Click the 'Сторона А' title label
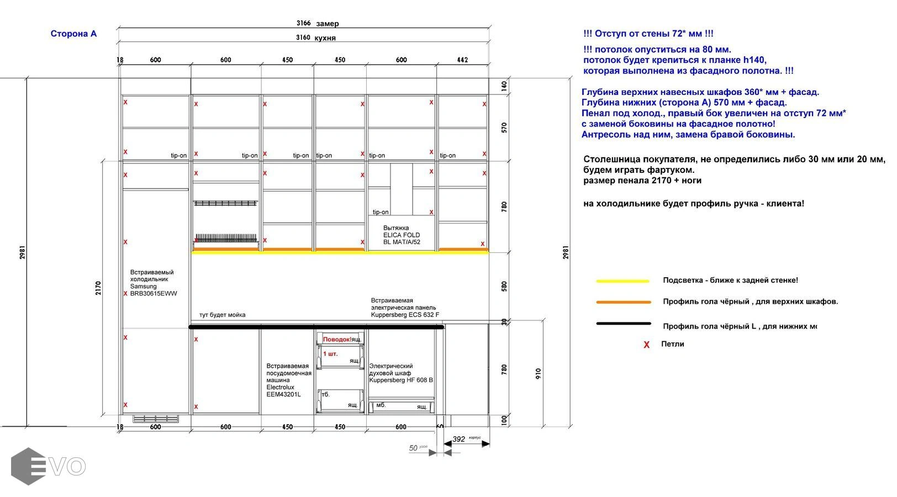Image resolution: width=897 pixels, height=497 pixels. tap(73, 34)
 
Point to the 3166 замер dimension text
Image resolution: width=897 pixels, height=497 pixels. tap(317, 23)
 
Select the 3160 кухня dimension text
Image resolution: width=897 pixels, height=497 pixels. tap(315, 38)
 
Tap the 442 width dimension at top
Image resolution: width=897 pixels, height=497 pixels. tap(462, 60)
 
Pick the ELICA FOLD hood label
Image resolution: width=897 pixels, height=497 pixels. tap(402, 235)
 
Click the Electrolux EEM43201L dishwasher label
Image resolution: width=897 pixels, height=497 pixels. tap(288, 380)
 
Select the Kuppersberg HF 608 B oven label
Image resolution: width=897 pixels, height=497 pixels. tap(400, 373)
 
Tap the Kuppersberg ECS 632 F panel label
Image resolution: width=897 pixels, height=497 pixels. tap(405, 308)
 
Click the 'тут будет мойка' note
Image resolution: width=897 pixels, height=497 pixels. tap(222, 315)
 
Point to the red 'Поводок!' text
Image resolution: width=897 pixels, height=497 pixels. tap(337, 339)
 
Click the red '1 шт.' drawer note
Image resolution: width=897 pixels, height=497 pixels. tap(330, 353)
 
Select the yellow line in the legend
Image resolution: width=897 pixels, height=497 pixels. tap(622, 281)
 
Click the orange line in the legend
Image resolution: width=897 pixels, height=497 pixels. tap(624, 302)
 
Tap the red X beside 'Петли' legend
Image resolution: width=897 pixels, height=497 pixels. tap(646, 345)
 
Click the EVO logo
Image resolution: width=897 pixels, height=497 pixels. tap(48, 467)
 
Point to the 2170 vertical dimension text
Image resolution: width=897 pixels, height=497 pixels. tap(98, 288)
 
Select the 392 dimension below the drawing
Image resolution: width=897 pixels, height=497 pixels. tap(459, 440)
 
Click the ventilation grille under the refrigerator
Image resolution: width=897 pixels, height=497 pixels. tap(156, 419)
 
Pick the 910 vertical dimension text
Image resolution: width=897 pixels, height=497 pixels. tap(538, 373)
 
